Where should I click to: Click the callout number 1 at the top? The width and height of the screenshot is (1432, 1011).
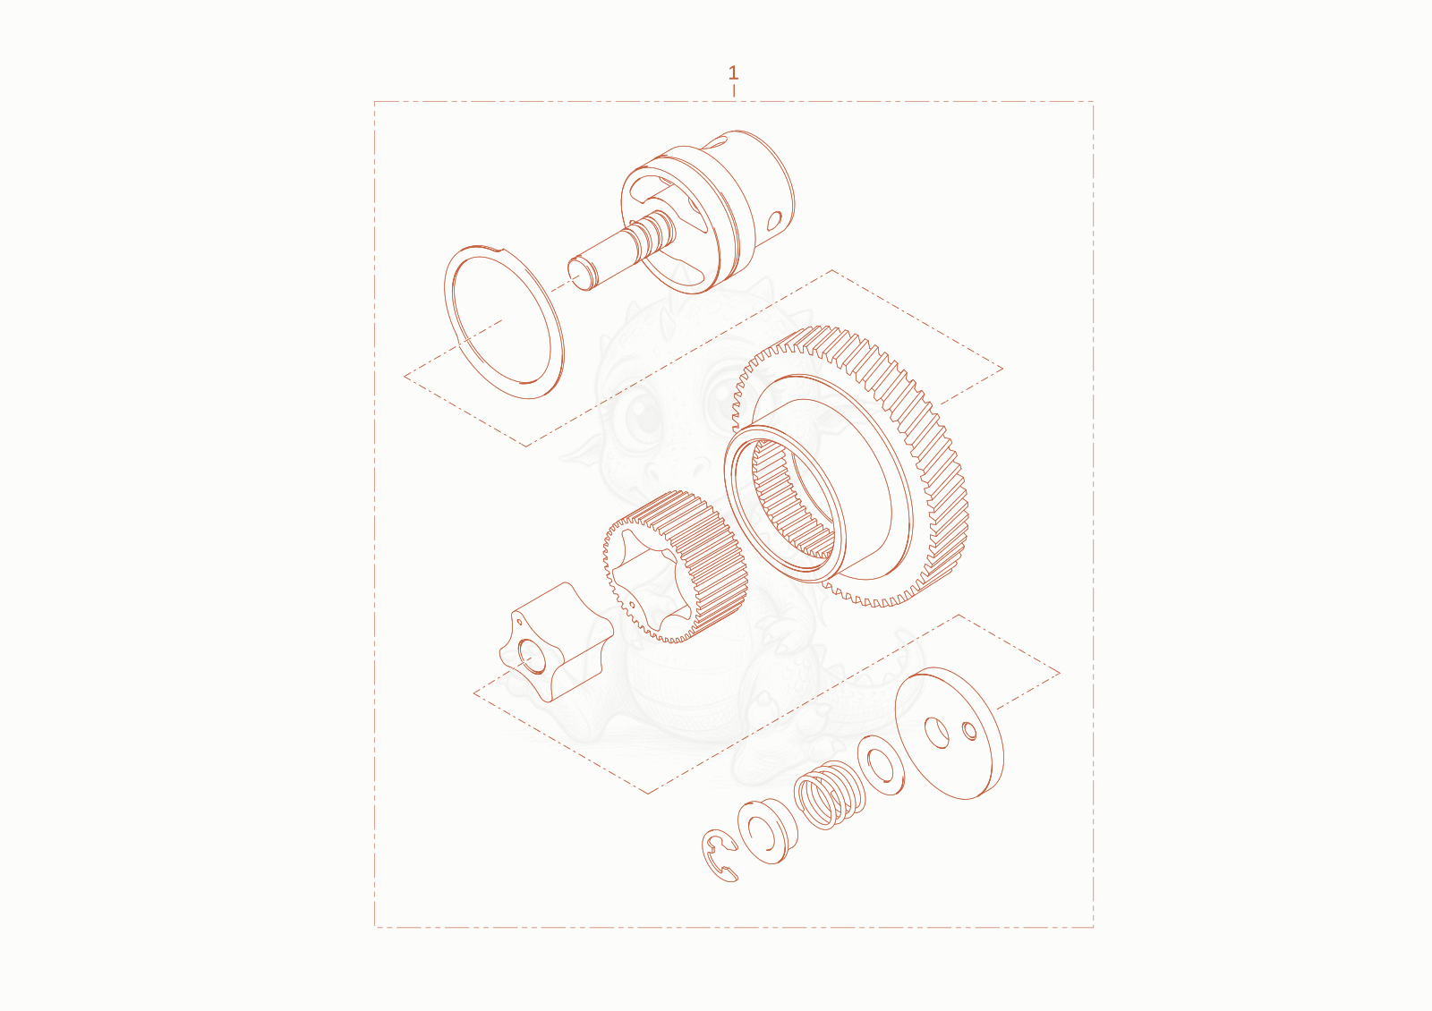click(733, 72)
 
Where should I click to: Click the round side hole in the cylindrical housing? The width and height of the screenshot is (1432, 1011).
click(774, 220)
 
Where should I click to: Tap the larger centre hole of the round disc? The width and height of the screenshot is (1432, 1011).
click(937, 733)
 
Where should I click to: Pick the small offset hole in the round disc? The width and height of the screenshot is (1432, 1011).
click(970, 730)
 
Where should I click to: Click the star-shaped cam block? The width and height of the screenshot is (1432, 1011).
click(555, 641)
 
